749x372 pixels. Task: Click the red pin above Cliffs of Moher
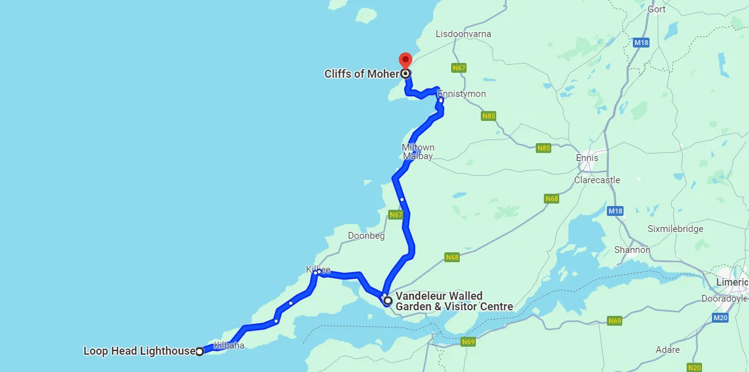click(x=405, y=60)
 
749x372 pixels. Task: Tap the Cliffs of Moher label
click(x=362, y=74)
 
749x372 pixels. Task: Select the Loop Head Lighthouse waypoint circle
click(x=200, y=352)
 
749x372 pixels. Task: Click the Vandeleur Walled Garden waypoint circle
click(x=388, y=301)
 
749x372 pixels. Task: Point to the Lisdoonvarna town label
click(x=463, y=34)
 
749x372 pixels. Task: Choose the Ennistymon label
click(x=462, y=94)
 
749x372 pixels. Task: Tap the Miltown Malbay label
click(x=418, y=152)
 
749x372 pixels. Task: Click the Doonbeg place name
click(x=366, y=236)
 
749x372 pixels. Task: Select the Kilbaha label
click(x=229, y=345)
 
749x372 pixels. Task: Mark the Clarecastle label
click(x=597, y=180)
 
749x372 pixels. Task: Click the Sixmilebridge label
click(x=675, y=229)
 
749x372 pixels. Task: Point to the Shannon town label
click(x=632, y=250)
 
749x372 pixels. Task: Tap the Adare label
click(x=668, y=350)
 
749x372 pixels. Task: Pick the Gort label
click(x=656, y=9)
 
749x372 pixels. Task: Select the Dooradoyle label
click(x=725, y=299)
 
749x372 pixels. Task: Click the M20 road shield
click(x=720, y=317)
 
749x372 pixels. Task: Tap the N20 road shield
click(x=695, y=368)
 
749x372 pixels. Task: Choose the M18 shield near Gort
click(x=641, y=43)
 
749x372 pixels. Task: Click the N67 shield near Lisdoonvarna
click(x=459, y=68)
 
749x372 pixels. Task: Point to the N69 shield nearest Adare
click(x=614, y=321)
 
